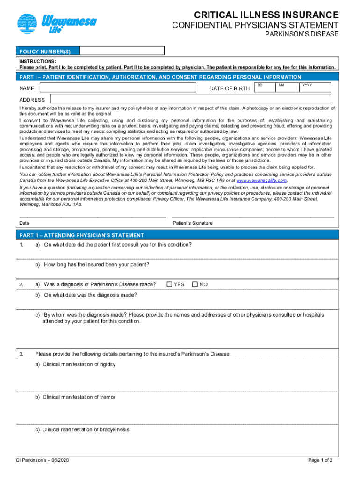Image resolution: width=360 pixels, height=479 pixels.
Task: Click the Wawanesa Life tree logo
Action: [29, 24]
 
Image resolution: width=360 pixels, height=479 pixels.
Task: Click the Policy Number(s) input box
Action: [122, 51]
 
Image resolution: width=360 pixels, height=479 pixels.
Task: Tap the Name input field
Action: [118, 88]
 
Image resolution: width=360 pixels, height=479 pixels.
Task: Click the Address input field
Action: [191, 99]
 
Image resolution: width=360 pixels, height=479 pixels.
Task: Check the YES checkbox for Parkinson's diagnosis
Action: [169, 284]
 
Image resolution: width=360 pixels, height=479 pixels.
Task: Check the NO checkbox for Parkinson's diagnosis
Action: [194, 284]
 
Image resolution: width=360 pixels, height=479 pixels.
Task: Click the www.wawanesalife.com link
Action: [261, 181]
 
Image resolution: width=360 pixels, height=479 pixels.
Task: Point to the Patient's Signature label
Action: [192, 223]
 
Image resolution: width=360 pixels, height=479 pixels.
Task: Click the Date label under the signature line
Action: [24, 223]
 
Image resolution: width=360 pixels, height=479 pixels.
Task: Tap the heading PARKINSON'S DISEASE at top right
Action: [302, 34]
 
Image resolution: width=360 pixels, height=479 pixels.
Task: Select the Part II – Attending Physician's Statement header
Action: [81, 235]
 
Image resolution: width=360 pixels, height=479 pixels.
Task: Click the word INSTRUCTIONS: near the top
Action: [38, 61]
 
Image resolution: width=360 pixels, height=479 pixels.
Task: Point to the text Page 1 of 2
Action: [320, 473]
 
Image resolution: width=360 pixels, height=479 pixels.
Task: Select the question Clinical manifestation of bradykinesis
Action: [82, 429]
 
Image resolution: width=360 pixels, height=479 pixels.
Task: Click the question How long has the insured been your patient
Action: [93, 265]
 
